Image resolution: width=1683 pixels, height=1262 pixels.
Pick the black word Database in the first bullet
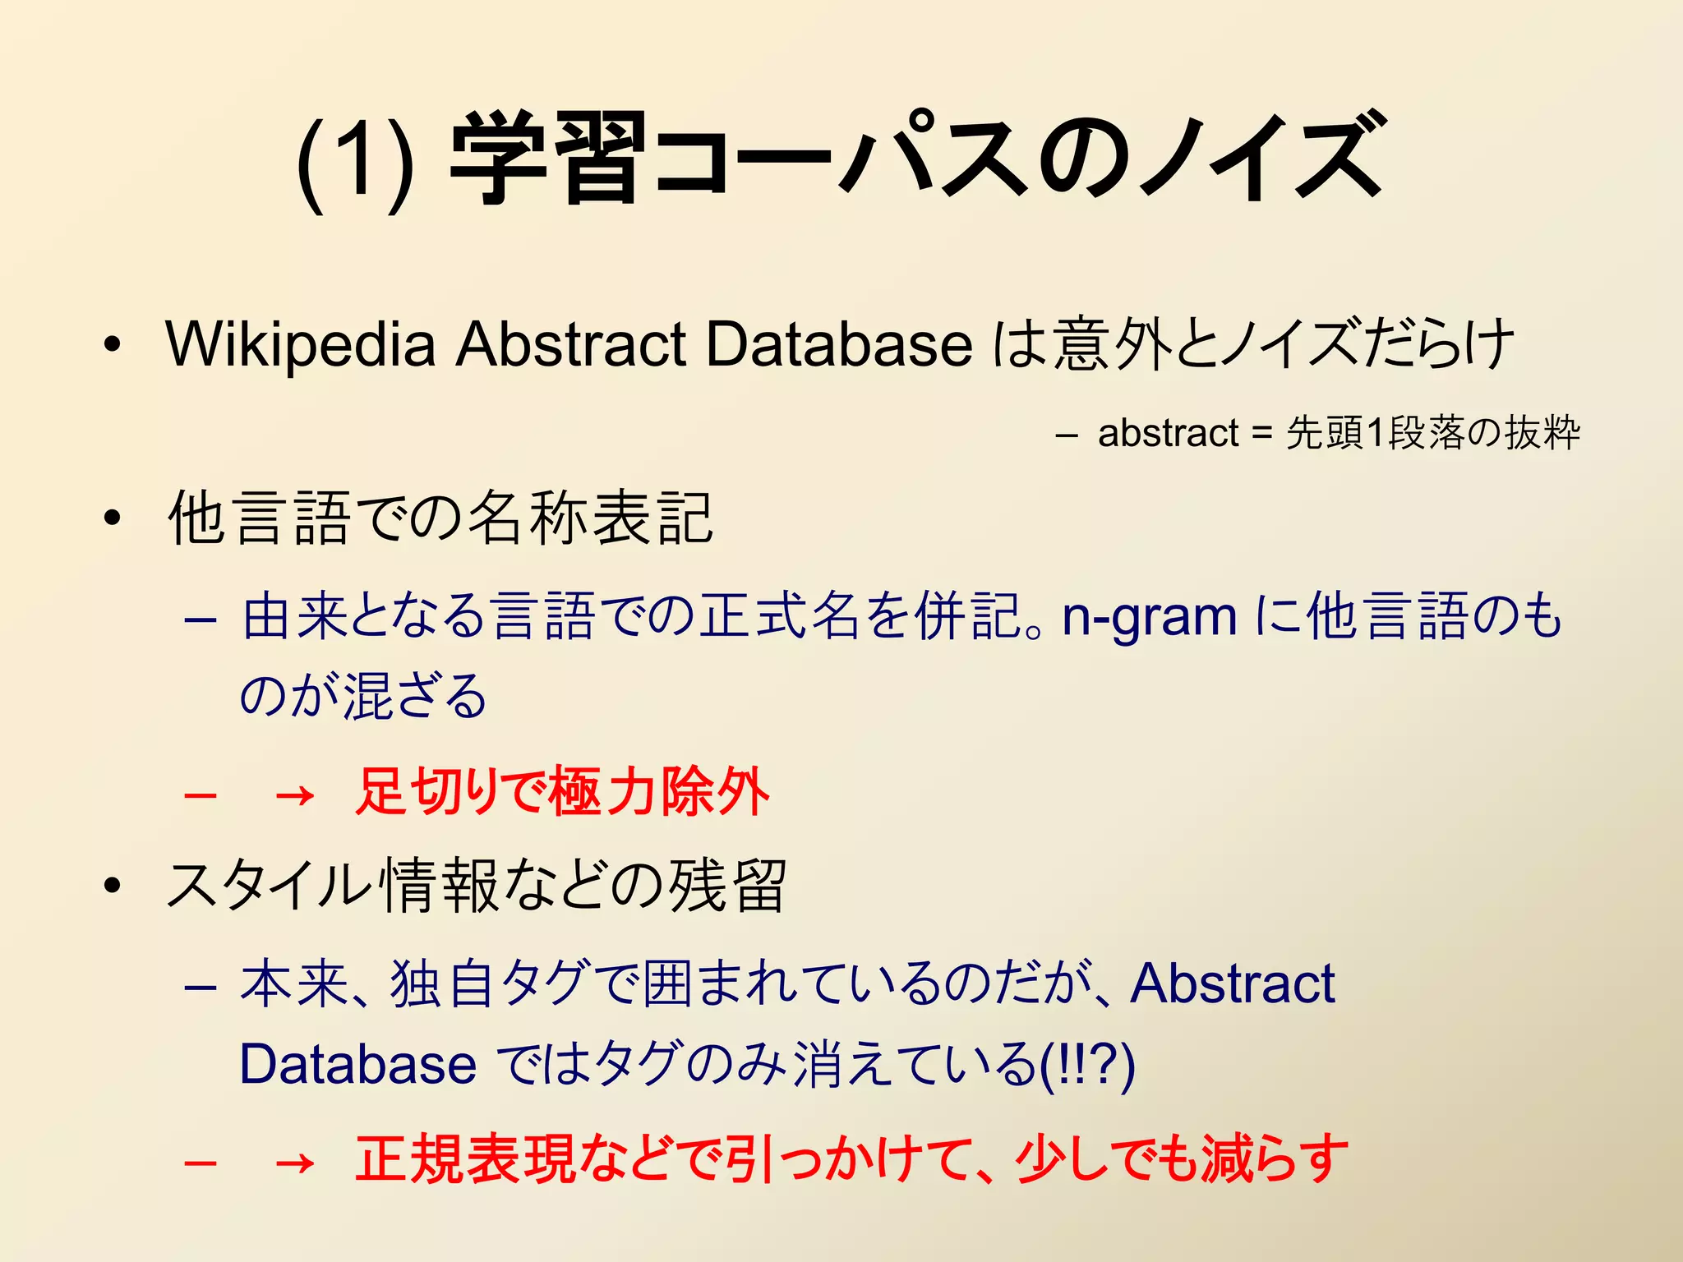(839, 343)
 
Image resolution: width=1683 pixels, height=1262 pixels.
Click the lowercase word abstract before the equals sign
(1168, 433)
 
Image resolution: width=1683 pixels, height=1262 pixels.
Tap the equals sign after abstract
(1261, 434)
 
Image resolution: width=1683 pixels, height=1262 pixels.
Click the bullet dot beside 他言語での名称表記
(113, 518)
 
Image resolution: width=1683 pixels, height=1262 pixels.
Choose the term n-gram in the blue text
(1150, 617)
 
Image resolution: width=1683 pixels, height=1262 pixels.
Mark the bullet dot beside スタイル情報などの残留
(113, 886)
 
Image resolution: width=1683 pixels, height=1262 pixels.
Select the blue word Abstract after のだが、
(1233, 983)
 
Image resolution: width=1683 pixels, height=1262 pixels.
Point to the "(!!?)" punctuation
(1087, 1065)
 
